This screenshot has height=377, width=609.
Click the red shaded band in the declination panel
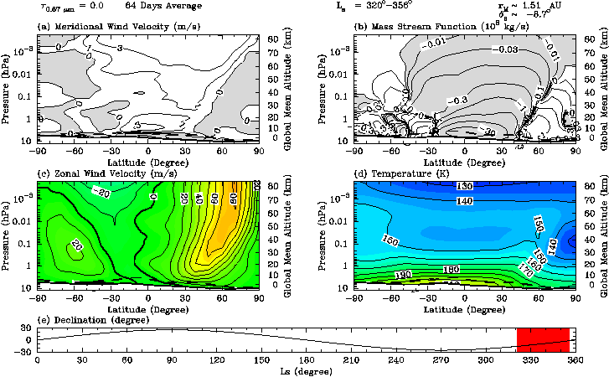pyautogui.click(x=543, y=339)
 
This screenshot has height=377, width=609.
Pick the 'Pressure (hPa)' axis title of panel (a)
pyautogui.click(x=7, y=88)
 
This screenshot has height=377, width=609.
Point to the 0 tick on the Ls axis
pyautogui.click(x=37, y=359)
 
